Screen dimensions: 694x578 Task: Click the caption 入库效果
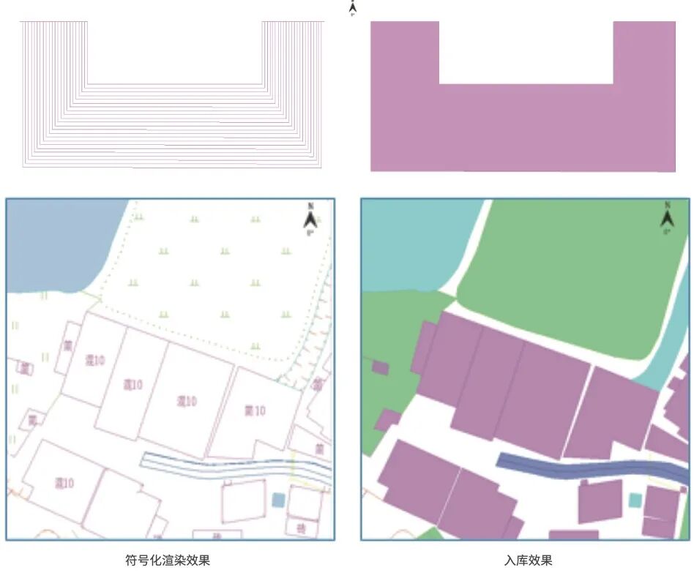tap(528, 561)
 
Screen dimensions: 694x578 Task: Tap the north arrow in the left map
tap(310, 218)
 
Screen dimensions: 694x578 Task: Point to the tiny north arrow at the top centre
tap(352, 8)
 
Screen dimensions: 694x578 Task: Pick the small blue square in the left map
tap(278, 500)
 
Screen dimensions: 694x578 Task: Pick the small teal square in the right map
tap(635, 500)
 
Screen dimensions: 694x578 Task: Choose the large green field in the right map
tap(571, 271)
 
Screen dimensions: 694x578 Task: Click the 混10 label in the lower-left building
tap(64, 483)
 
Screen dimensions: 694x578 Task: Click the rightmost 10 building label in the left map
tap(255, 410)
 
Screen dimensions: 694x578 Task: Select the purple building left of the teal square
tap(599, 501)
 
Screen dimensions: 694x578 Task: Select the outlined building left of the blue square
tap(242, 501)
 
